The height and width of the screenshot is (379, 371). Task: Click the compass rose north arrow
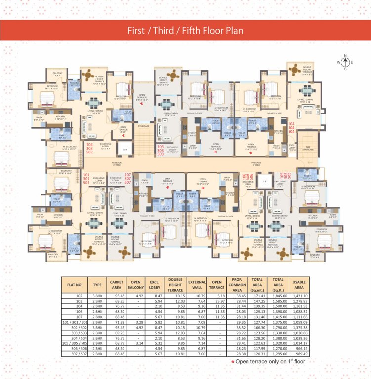(x=345, y=56)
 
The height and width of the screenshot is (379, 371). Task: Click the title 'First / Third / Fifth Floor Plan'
(x=185, y=30)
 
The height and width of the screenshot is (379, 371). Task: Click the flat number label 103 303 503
(x=161, y=151)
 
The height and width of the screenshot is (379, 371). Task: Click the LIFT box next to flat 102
(x=125, y=149)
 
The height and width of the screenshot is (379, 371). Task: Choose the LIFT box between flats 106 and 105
(x=265, y=182)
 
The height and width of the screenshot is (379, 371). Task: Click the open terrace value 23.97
(x=214, y=302)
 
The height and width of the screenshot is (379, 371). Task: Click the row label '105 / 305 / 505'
(x=74, y=343)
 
